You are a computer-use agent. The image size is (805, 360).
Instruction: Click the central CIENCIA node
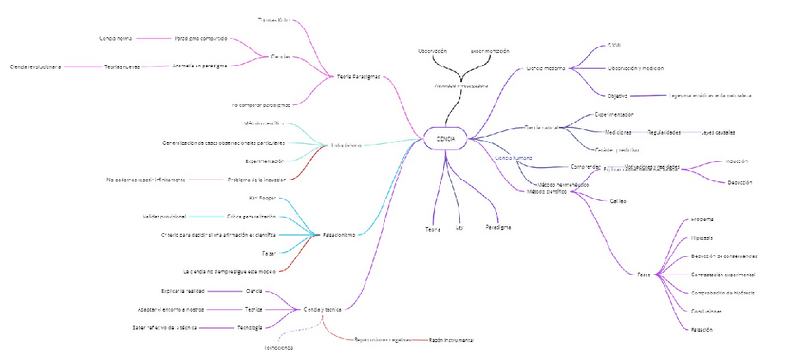(x=445, y=139)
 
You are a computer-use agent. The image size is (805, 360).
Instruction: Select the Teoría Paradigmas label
(x=359, y=76)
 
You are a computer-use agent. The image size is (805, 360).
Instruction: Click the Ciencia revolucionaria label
(x=35, y=67)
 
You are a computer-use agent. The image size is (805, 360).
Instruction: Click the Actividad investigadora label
(x=461, y=85)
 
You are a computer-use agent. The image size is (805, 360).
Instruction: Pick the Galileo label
(x=617, y=201)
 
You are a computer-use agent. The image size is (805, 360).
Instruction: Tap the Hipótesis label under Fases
(x=702, y=237)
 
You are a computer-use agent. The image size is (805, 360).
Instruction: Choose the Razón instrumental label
(x=451, y=339)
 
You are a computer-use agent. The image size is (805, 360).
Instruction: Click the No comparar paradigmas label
(x=260, y=104)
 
